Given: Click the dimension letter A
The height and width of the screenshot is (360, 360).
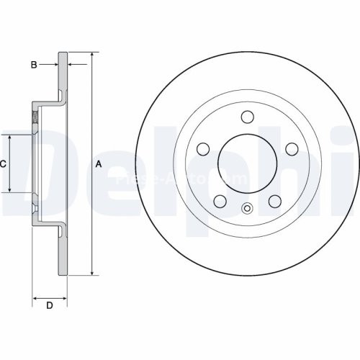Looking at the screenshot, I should [x=99, y=164].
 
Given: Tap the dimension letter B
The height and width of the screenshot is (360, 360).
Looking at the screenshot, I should [x=33, y=65].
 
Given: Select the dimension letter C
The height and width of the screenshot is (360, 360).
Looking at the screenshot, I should [x=3, y=164].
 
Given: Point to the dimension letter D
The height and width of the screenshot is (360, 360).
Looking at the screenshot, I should [x=50, y=306].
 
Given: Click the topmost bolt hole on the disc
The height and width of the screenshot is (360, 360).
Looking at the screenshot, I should [x=247, y=117].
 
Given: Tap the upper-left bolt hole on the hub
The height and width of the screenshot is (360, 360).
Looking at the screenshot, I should [x=203, y=148].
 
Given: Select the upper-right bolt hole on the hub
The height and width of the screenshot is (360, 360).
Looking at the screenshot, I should [x=292, y=148].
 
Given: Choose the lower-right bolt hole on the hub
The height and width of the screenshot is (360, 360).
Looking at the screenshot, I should [x=275, y=201].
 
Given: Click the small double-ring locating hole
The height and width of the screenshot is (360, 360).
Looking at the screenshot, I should [x=247, y=210].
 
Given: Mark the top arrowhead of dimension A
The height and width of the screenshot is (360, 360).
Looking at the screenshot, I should [x=92, y=55].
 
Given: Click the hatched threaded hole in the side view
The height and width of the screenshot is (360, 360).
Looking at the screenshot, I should [x=34, y=117].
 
